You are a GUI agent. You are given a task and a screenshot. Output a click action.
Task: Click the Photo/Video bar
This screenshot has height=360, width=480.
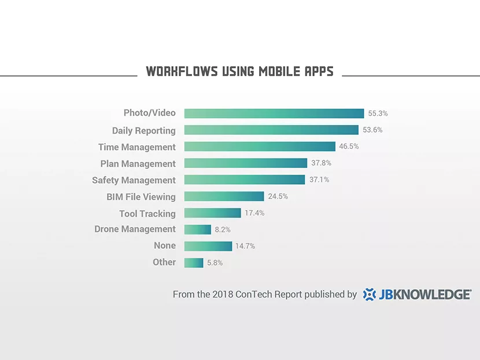tap(274, 113)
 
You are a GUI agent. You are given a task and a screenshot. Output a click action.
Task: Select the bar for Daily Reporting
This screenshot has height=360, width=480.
tap(271, 130)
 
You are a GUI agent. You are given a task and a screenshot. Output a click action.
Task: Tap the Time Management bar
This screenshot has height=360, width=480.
tap(260, 146)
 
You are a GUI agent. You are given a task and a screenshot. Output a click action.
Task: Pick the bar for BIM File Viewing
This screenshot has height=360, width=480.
tap(224, 196)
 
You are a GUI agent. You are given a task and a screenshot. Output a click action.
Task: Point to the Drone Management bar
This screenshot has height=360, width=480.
tap(198, 229)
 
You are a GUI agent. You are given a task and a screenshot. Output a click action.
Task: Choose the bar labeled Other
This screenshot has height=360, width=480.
tap(194, 263)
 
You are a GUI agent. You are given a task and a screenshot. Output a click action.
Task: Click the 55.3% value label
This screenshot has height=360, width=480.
tap(378, 113)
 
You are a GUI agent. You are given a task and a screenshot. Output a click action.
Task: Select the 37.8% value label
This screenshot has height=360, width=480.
tap(321, 163)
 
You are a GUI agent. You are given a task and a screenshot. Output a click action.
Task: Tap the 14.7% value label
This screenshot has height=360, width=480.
tap(245, 246)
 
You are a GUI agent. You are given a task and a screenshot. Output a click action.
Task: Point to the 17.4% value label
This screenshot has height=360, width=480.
tap(254, 213)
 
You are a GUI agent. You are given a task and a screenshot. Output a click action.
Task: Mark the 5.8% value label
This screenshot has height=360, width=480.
tap(215, 263)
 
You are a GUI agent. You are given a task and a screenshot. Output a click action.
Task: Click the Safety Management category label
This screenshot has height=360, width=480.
tap(134, 180)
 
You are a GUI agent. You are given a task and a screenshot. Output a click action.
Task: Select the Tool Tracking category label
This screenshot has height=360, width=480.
tap(147, 214)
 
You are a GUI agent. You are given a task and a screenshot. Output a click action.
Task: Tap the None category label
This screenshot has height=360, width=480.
tap(165, 245)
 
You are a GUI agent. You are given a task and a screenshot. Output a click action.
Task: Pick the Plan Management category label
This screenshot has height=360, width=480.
tap(138, 164)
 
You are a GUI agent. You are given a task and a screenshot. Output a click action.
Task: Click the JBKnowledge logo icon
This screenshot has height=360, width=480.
tap(370, 295)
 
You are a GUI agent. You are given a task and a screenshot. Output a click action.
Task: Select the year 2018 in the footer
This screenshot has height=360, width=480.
tap(223, 294)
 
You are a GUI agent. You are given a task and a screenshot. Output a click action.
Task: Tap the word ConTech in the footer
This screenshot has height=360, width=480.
tap(253, 294)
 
